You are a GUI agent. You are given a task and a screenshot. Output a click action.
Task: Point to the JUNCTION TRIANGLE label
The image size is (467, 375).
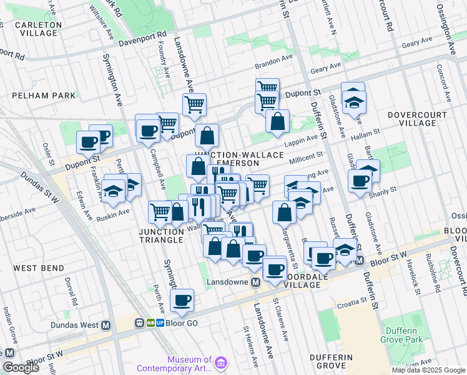pos(152,236)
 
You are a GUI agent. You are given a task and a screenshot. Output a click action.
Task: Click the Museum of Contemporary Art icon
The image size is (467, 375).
pos(221,363)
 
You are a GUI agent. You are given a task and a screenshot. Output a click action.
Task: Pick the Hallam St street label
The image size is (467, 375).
pos(368,134)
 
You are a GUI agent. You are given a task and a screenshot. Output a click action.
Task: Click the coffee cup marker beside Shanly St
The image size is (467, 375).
pos(360,181)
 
